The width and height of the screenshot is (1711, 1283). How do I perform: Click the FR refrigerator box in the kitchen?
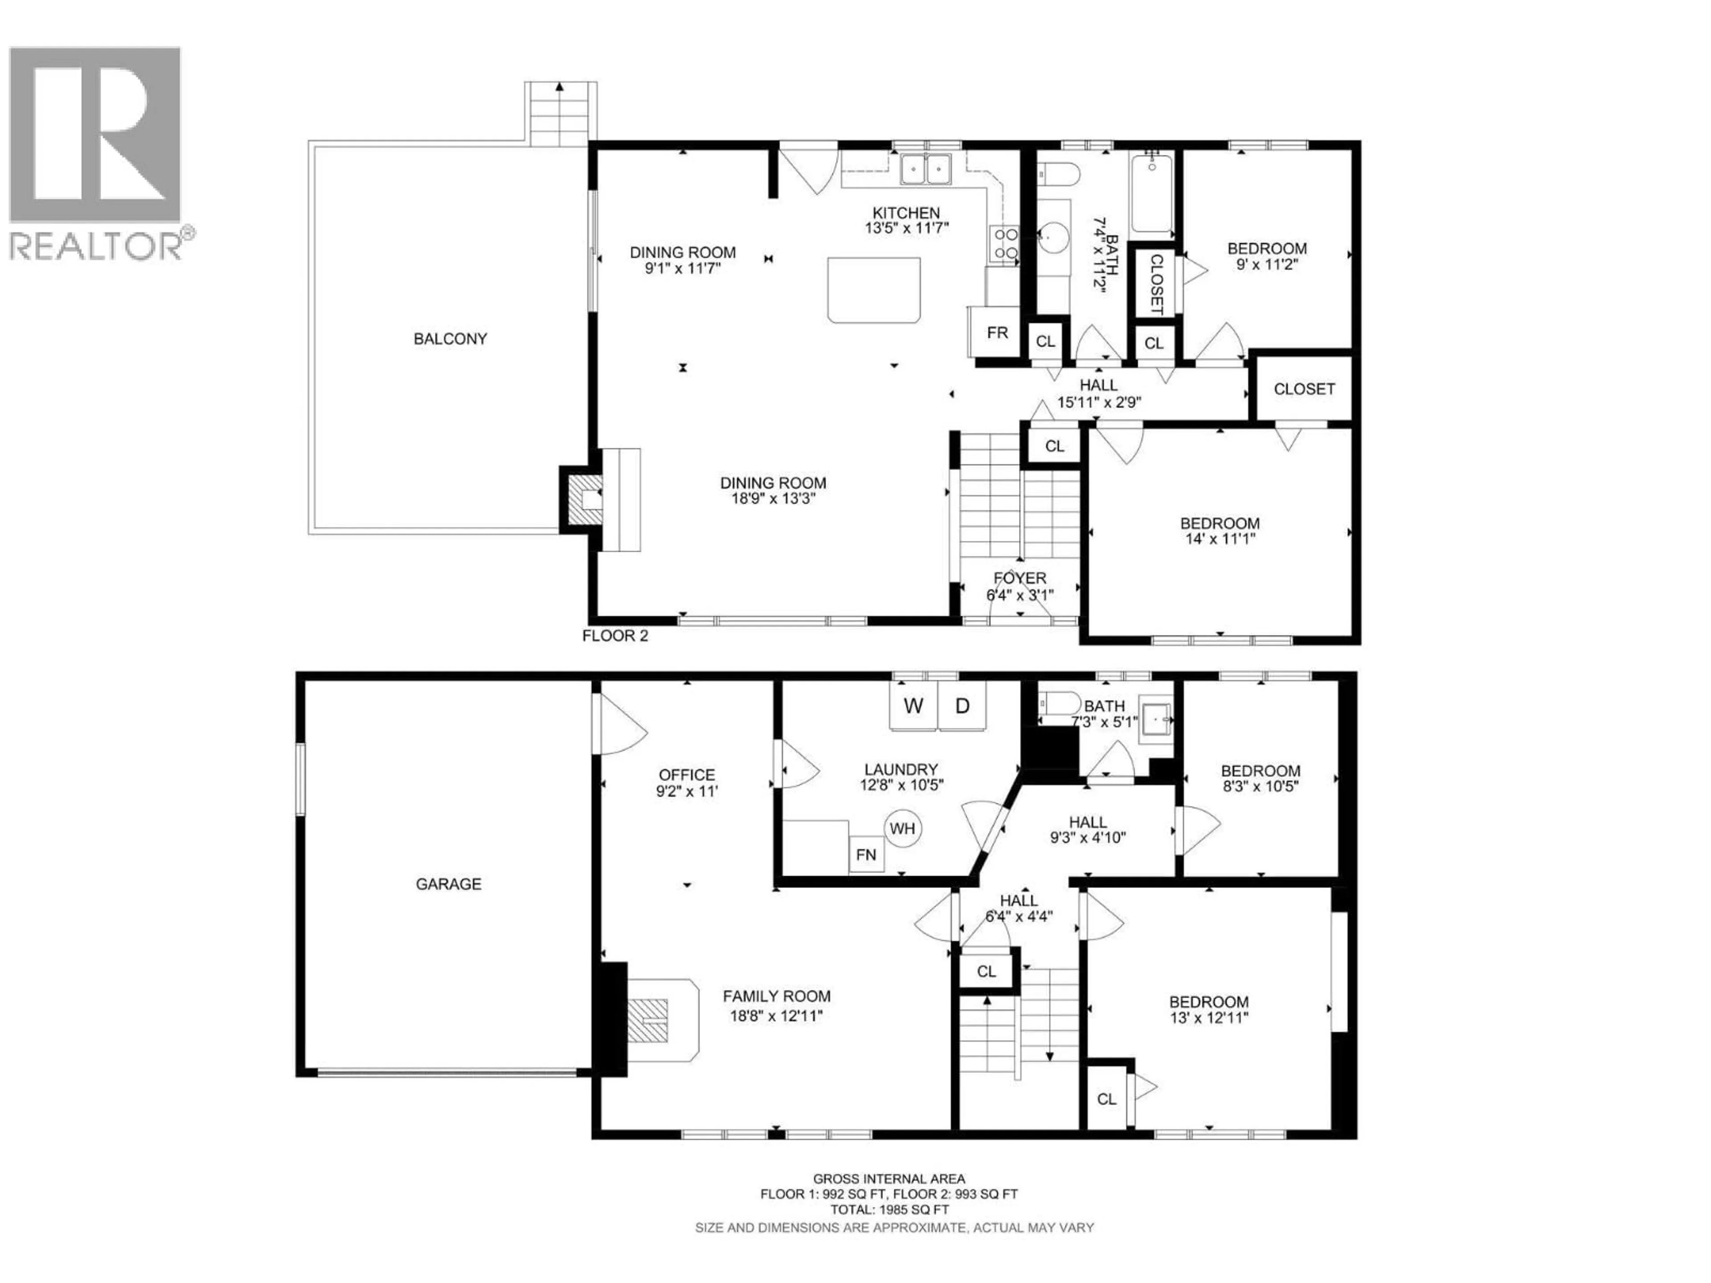[x=996, y=332]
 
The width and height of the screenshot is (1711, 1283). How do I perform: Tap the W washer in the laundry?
[x=913, y=705]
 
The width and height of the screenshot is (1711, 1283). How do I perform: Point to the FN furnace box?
[x=866, y=854]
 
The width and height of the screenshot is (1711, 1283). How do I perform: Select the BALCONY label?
[x=450, y=339]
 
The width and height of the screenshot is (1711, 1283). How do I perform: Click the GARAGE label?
[x=449, y=884]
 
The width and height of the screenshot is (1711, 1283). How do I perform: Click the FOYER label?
[x=1019, y=578]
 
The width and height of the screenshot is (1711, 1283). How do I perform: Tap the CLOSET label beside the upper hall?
[x=1304, y=389]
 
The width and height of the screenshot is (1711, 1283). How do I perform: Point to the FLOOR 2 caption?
[x=615, y=636]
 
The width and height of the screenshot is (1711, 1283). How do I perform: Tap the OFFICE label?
[x=687, y=775]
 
